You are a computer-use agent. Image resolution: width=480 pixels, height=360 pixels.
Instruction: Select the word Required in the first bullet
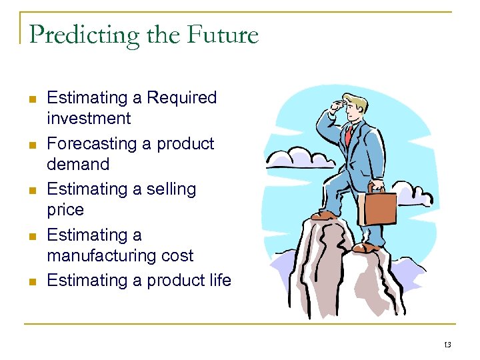[x=181, y=98]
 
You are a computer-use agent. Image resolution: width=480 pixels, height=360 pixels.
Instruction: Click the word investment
[x=89, y=119]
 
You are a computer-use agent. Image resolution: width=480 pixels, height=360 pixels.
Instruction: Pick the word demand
[x=77, y=164]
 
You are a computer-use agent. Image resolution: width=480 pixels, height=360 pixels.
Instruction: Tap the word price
[x=65, y=210]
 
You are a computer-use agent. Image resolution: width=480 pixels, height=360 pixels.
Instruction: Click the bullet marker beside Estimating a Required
[x=31, y=99]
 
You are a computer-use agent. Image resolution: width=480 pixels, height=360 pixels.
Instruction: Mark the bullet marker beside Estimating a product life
[x=31, y=281]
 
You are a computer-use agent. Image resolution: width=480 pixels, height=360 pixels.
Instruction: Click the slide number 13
[x=447, y=345]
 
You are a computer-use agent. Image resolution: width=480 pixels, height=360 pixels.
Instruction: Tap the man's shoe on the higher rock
[x=323, y=215]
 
